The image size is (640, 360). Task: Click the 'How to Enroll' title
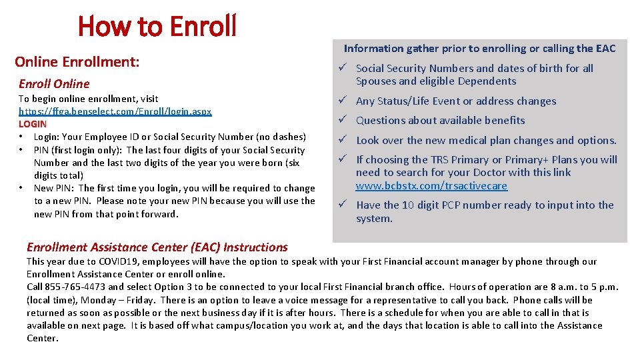[157, 26]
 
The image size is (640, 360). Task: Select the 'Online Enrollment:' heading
[77, 62]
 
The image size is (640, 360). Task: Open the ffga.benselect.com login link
[115, 111]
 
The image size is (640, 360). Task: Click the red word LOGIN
[33, 124]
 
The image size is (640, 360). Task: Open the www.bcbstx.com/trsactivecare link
[431, 186]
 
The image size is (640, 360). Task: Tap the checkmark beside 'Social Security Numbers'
[340, 68]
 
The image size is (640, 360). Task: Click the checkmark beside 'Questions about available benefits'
[340, 120]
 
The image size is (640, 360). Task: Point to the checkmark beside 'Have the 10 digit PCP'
[340, 205]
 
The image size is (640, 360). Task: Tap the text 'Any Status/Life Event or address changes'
[456, 101]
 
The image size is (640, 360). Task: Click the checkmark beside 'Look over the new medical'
[340, 140]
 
